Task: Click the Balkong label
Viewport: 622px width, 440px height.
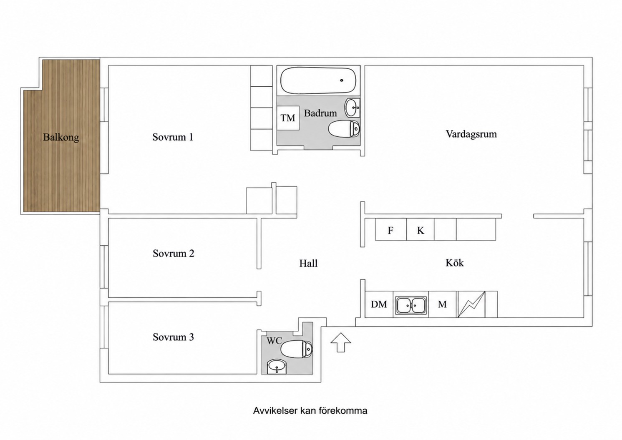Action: pyautogui.click(x=61, y=137)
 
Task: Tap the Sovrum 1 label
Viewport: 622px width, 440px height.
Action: pyautogui.click(x=173, y=137)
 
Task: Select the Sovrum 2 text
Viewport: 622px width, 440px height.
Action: pyautogui.click(x=173, y=253)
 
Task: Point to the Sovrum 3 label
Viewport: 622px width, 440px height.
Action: pyautogui.click(x=173, y=337)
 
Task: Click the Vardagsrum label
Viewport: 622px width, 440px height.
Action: pyautogui.click(x=471, y=134)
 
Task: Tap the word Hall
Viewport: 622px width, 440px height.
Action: pyautogui.click(x=308, y=263)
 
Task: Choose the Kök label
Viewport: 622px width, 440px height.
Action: pyautogui.click(x=455, y=263)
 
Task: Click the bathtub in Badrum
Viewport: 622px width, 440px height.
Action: pyautogui.click(x=318, y=80)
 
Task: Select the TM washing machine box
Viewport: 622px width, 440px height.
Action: pyautogui.click(x=288, y=118)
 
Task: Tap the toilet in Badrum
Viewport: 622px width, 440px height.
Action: pyautogui.click(x=344, y=128)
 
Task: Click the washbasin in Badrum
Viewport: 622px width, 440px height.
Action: pyautogui.click(x=353, y=107)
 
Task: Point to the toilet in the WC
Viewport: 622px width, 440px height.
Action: pyautogui.click(x=297, y=349)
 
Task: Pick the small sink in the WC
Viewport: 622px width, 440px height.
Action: pyautogui.click(x=276, y=367)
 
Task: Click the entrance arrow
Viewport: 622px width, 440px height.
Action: pyautogui.click(x=341, y=342)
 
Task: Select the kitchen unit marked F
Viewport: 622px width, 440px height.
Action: pyautogui.click(x=391, y=229)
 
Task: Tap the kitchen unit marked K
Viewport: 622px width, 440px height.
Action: pyautogui.click(x=421, y=229)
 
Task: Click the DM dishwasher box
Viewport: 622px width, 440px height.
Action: pyautogui.click(x=379, y=304)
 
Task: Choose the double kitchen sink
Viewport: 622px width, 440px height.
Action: pyautogui.click(x=411, y=305)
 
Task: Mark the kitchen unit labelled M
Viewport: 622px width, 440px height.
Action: pyautogui.click(x=443, y=304)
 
